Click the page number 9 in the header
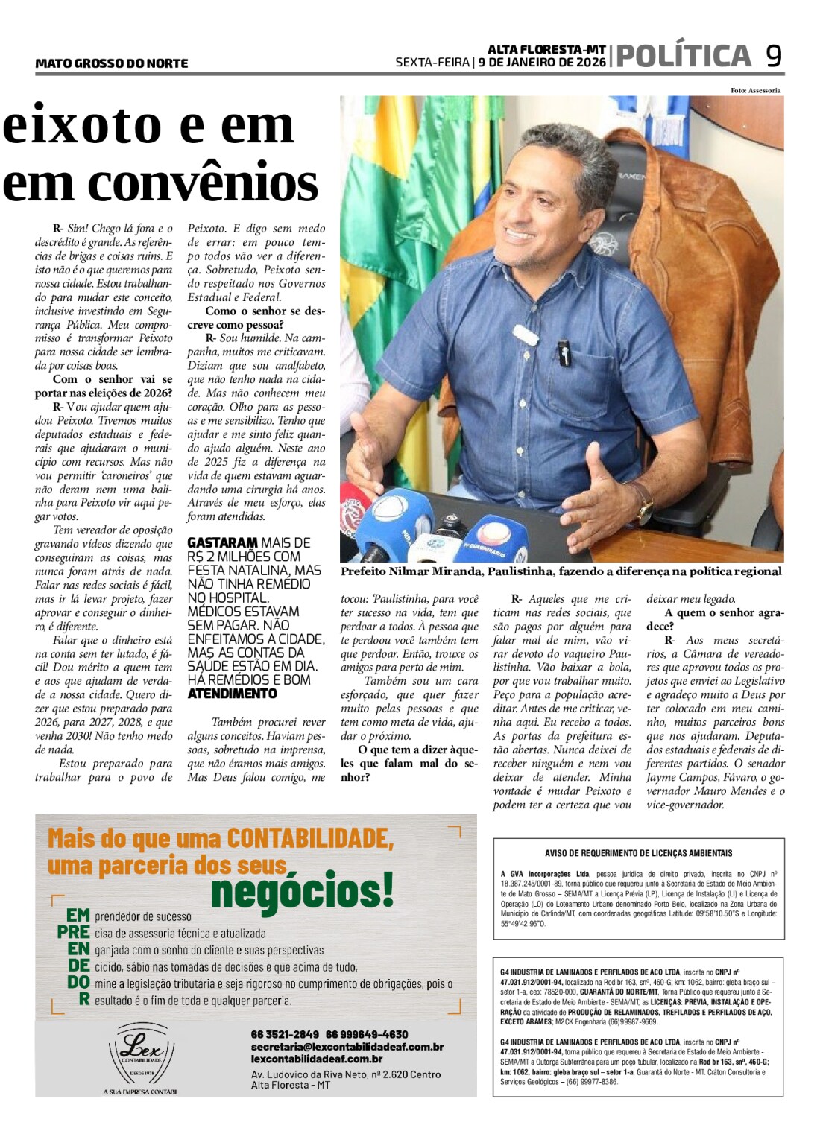pyautogui.click(x=774, y=56)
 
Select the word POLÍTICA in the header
pyautogui.click(x=684, y=57)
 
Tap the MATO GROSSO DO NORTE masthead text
pyautogui.click(x=111, y=64)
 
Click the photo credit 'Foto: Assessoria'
pyautogui.click(x=755, y=91)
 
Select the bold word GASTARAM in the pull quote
pyautogui.click(x=222, y=543)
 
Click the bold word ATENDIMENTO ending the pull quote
pyautogui.click(x=232, y=694)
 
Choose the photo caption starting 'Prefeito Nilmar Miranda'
pyautogui.click(x=561, y=571)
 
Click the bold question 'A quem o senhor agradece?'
pyautogui.click(x=715, y=619)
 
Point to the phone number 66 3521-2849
pyautogui.click(x=285, y=1034)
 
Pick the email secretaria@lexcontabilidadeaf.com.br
pyautogui.click(x=347, y=1047)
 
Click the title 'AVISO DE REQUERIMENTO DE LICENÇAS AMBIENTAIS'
pyautogui.click(x=638, y=853)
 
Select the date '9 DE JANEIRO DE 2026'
pyautogui.click(x=542, y=63)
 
